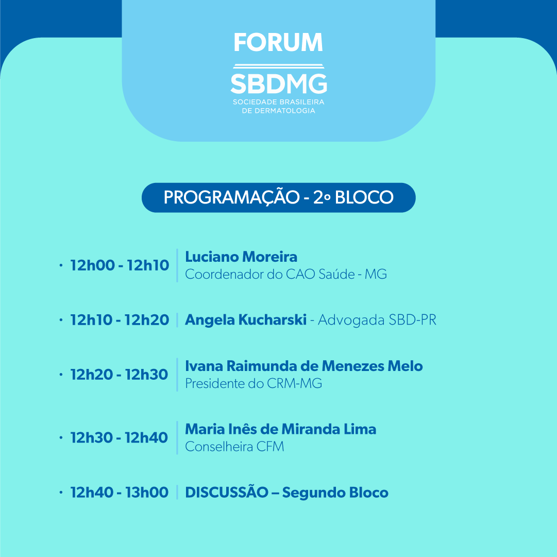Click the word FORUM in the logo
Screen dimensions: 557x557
(278, 42)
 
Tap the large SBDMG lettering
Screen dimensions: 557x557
(279, 83)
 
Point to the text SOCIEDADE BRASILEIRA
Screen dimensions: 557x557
(278, 102)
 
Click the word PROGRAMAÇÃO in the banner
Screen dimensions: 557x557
(231, 197)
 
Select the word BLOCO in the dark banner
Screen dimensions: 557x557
(364, 197)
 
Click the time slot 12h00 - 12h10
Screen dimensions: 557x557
(120, 265)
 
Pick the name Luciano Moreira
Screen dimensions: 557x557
(241, 257)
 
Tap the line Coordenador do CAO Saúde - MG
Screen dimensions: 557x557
(286, 274)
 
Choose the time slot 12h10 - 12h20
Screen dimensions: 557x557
(120, 320)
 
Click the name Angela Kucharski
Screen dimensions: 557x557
(246, 319)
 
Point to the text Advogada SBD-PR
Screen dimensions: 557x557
(377, 319)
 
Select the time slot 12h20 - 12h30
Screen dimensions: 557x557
(119, 375)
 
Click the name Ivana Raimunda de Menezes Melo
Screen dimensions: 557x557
(303, 366)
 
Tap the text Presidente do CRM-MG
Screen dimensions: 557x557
(254, 383)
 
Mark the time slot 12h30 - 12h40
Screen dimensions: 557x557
(119, 437)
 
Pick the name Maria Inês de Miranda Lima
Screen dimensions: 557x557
(281, 429)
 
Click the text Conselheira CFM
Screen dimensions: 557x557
(234, 447)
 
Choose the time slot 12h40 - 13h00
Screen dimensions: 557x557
(120, 493)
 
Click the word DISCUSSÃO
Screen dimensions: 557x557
(227, 493)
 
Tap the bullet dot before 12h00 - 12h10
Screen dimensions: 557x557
(61, 265)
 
